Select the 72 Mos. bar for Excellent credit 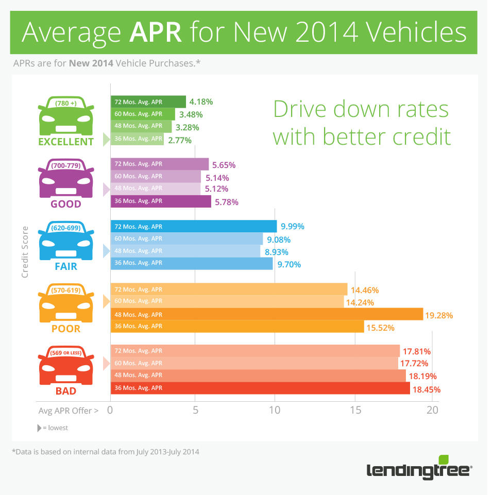point(148,101)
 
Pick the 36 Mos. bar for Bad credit point(260,388)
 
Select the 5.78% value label point(226,202)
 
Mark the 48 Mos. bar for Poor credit point(266,314)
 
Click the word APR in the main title point(156,32)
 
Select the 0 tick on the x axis point(110,410)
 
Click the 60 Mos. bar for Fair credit point(186,239)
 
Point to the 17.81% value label point(417,351)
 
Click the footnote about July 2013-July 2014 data point(106,452)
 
